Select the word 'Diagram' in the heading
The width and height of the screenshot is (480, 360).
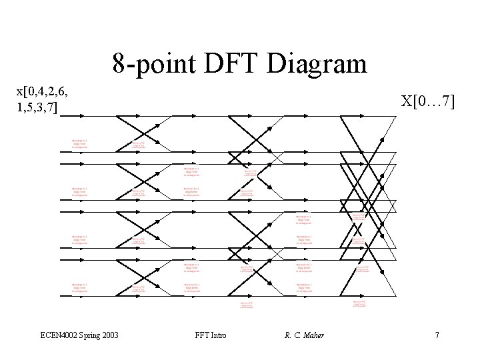click(321, 65)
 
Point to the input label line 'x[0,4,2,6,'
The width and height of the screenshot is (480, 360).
click(45, 91)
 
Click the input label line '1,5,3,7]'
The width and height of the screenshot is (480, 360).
click(41, 107)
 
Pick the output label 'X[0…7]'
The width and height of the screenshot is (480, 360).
click(427, 101)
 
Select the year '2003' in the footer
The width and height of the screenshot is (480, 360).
click(111, 335)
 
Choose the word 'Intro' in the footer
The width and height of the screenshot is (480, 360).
click(218, 335)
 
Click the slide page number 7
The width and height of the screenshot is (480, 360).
click(437, 335)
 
